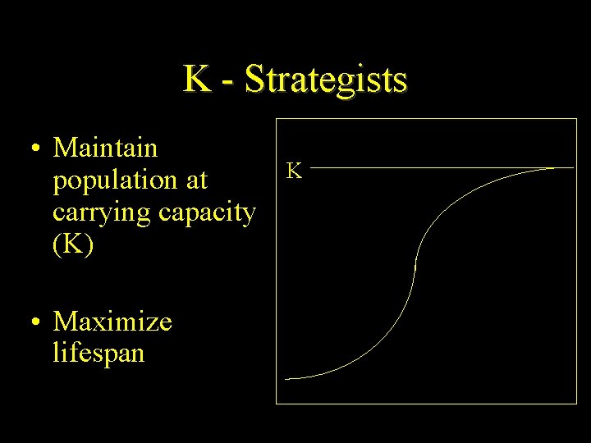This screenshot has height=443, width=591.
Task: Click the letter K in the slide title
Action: (195, 80)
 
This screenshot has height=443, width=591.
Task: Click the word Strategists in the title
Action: (326, 80)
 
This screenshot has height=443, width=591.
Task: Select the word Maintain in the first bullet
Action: (105, 148)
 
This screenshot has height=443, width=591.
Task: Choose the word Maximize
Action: (112, 321)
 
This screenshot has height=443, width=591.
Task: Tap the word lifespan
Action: (98, 353)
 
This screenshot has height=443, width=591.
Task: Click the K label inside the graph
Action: (294, 171)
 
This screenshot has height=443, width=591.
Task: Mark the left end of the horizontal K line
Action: (313, 167)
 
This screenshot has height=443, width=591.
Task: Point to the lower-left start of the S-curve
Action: (286, 378)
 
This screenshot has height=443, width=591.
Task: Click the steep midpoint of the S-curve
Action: (415, 267)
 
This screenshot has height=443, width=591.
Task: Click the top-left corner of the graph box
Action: (276, 119)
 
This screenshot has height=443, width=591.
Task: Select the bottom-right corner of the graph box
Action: (576, 403)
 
